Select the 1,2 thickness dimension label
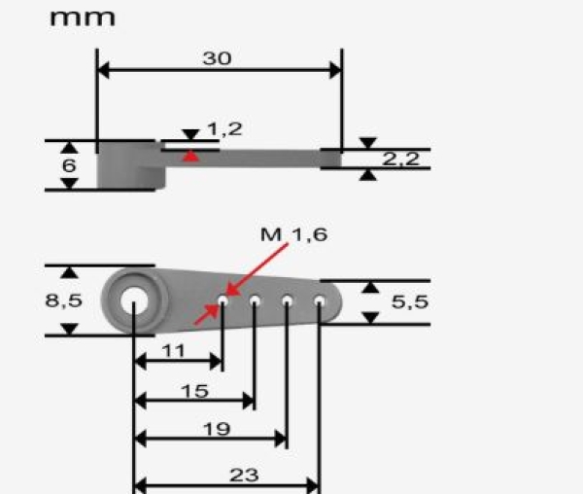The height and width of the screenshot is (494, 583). click(223, 128)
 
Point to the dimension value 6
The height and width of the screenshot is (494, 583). click(68, 165)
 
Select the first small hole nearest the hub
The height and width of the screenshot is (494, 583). click(223, 300)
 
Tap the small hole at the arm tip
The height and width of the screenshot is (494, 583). click(319, 300)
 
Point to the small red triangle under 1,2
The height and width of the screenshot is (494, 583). click(193, 155)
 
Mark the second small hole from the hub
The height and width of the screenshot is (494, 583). click(255, 300)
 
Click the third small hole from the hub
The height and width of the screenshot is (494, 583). click(287, 300)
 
